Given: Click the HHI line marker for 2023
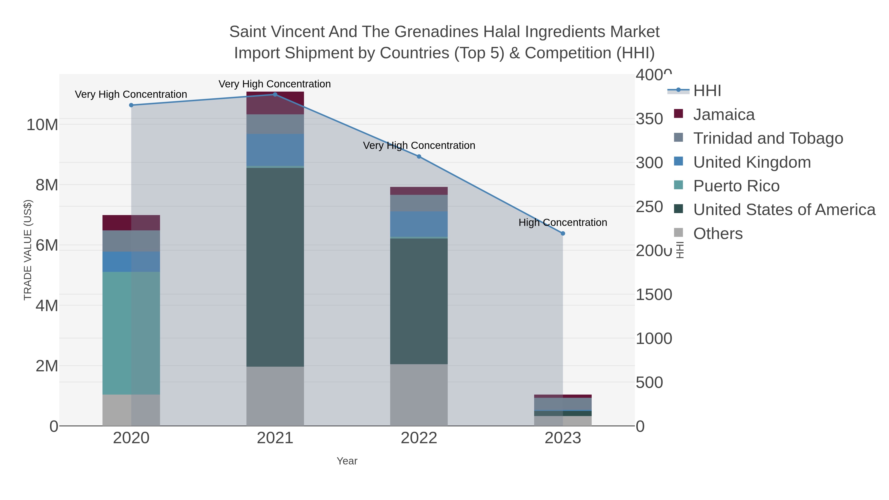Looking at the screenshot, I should tap(563, 234).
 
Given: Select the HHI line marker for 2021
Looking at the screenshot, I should tap(275, 95).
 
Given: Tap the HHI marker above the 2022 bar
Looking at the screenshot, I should tap(419, 157).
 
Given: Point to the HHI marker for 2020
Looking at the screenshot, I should tap(131, 105).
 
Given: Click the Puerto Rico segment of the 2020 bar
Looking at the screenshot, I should tap(131, 333).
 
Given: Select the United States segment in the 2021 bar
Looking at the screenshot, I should tap(275, 267).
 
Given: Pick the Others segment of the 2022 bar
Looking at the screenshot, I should tap(419, 395).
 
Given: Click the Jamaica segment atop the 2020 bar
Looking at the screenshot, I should tap(131, 222).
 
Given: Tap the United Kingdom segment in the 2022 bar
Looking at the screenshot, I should tap(419, 224).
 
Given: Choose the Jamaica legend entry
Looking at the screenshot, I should tap(724, 115).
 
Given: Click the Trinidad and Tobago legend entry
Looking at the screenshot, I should tap(768, 138).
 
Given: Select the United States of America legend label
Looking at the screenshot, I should tap(784, 210).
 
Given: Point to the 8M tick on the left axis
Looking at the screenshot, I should tap(47, 185).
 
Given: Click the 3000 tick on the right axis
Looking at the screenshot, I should tap(649, 163).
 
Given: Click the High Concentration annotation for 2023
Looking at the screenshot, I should tap(563, 222).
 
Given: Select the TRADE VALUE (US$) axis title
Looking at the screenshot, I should tap(28, 250).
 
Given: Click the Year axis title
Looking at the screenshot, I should tap(347, 461).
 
